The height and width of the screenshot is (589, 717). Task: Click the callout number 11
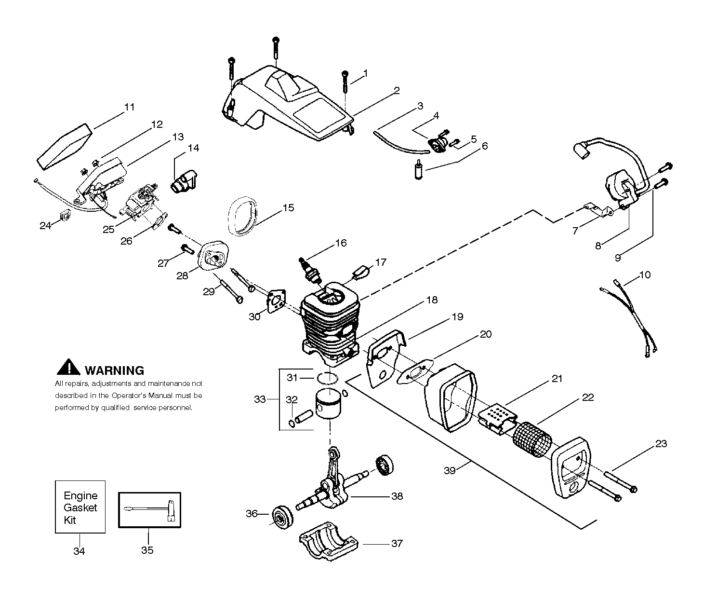coord(130,107)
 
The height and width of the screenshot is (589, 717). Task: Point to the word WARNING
coord(114,370)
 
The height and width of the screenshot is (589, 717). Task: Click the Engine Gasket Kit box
coord(80,507)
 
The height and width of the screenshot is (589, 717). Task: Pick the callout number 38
coord(397,496)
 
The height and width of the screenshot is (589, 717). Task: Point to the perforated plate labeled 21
coord(498,419)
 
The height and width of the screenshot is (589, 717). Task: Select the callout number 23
coord(661,443)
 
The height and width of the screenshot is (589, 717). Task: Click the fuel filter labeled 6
coord(419,169)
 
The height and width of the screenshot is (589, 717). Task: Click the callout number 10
coord(645,274)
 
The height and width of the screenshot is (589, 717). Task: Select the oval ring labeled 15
coord(242,216)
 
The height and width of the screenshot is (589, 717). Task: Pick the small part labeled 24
coord(65,215)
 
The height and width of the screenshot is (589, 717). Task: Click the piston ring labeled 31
coord(327,378)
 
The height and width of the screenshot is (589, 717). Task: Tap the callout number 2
coord(397,90)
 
